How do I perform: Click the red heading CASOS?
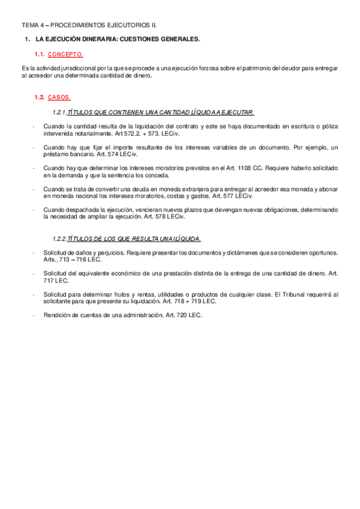coord(59,97)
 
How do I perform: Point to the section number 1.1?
coord(40,54)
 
